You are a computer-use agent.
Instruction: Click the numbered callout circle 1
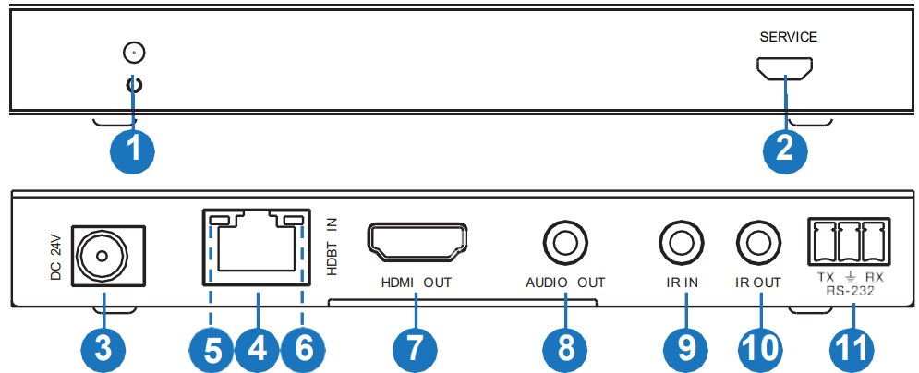(x=133, y=148)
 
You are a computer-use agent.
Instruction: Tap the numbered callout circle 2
(x=785, y=148)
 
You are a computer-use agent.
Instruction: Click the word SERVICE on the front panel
(x=788, y=38)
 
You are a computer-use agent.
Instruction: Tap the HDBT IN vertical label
(x=333, y=244)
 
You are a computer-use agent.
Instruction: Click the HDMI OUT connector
(x=417, y=241)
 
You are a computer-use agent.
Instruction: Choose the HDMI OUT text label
(x=416, y=283)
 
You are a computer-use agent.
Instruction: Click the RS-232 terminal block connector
(x=847, y=241)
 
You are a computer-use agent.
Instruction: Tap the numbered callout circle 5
(x=212, y=348)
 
